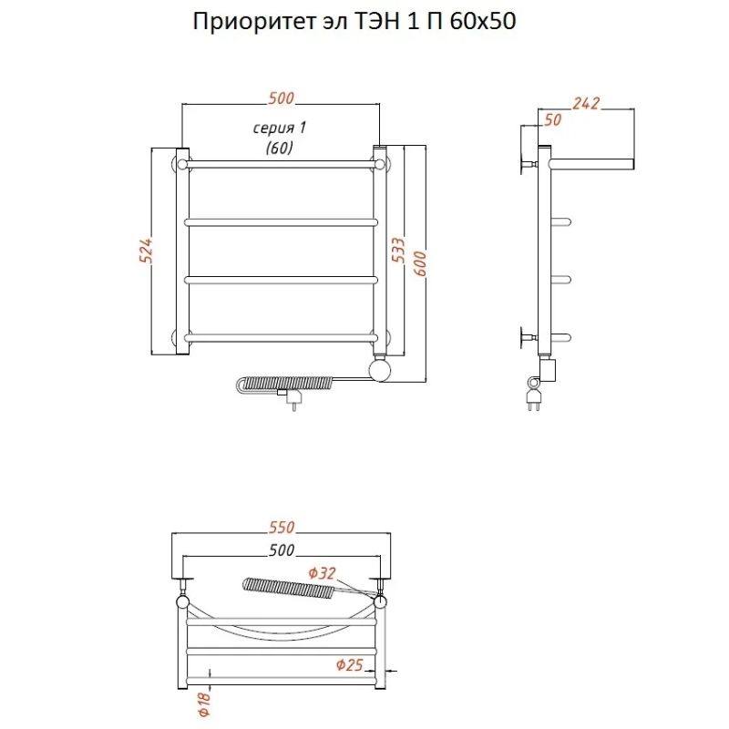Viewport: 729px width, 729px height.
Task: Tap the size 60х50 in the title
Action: [482, 23]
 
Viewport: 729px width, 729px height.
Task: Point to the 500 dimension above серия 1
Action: [280, 98]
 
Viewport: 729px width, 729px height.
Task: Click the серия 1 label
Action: [279, 128]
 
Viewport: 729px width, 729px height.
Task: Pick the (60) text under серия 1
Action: [279, 149]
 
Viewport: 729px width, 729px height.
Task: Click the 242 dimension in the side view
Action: [587, 103]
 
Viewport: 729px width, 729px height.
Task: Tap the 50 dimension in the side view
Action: [552, 120]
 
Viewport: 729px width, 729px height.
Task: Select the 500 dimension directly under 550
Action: [282, 550]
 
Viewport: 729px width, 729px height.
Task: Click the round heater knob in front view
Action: [379, 370]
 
